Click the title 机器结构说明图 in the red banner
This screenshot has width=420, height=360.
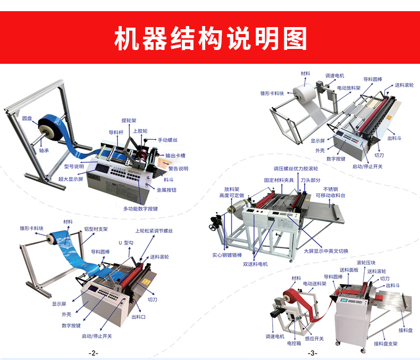(x=211, y=38)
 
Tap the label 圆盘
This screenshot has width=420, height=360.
(x=27, y=119)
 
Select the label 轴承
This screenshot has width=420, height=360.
(x=44, y=150)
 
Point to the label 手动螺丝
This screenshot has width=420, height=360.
(x=167, y=140)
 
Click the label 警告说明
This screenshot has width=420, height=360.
(x=178, y=169)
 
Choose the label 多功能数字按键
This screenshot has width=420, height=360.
(x=140, y=208)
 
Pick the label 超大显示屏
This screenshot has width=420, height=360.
(x=71, y=179)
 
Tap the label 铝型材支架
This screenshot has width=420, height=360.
(x=96, y=229)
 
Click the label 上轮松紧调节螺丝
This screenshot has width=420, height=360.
(x=154, y=231)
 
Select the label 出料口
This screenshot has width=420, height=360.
(x=138, y=317)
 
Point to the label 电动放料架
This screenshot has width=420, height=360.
(x=349, y=88)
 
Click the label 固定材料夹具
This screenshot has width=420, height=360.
(x=279, y=180)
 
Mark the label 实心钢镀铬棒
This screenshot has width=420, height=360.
(x=227, y=255)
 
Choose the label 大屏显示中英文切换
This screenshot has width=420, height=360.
(x=326, y=251)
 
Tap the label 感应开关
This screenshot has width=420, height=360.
(x=314, y=339)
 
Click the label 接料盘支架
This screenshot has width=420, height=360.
(x=386, y=344)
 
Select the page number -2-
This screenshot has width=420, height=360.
(x=94, y=353)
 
